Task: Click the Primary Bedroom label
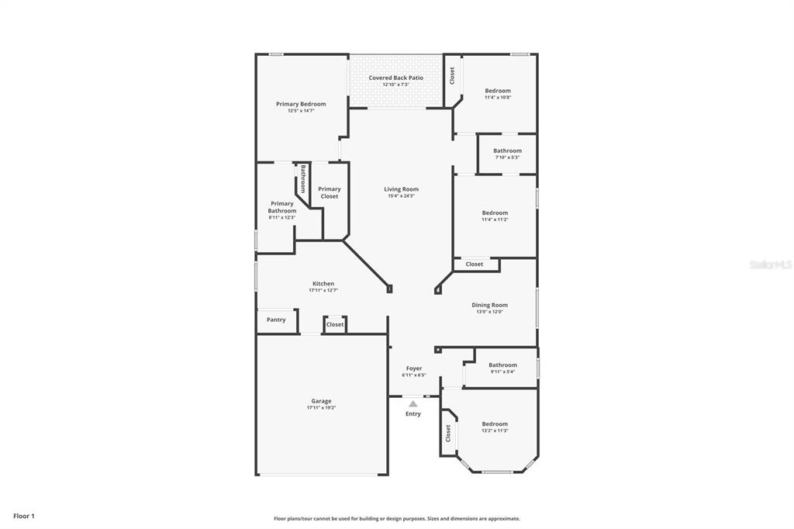[x=301, y=104]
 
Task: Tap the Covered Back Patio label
[x=395, y=78]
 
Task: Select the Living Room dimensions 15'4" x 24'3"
[x=401, y=196]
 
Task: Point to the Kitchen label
[x=323, y=284]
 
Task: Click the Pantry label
[x=276, y=320]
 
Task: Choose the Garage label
[x=321, y=401]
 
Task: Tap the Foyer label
[x=414, y=368]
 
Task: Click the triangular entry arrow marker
[x=413, y=403]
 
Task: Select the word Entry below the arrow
[x=413, y=414]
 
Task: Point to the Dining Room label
[x=489, y=305]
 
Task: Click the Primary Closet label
[x=330, y=192]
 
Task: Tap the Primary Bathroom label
[x=282, y=207]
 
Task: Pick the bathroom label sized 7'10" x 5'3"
[x=507, y=150]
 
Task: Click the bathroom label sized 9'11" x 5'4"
[x=502, y=365]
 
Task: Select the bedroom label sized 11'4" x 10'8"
[x=498, y=91]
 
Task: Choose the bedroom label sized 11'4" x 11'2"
[x=495, y=213]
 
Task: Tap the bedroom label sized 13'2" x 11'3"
[x=495, y=424]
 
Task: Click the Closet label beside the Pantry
[x=335, y=324]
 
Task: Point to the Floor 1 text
[x=24, y=515]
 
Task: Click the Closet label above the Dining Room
[x=475, y=264]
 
